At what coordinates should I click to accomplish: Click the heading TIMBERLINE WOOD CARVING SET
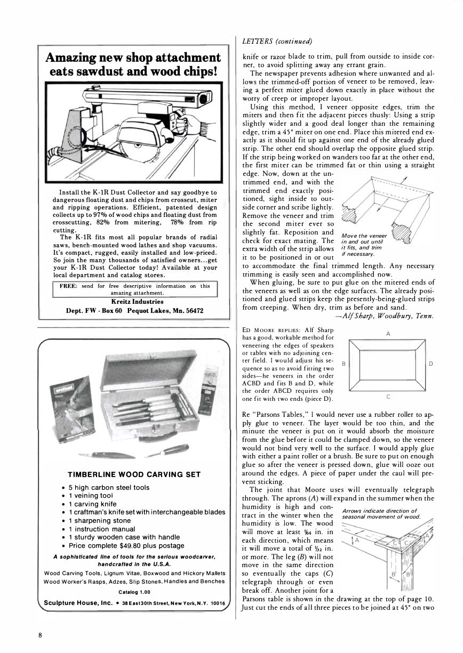click(x=134, y=475)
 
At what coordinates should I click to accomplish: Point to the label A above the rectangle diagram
click(x=388, y=333)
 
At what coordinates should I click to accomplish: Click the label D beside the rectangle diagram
click(x=431, y=364)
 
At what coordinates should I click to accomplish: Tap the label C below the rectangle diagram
click(x=388, y=397)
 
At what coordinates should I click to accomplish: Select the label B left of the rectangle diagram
click(x=343, y=364)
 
